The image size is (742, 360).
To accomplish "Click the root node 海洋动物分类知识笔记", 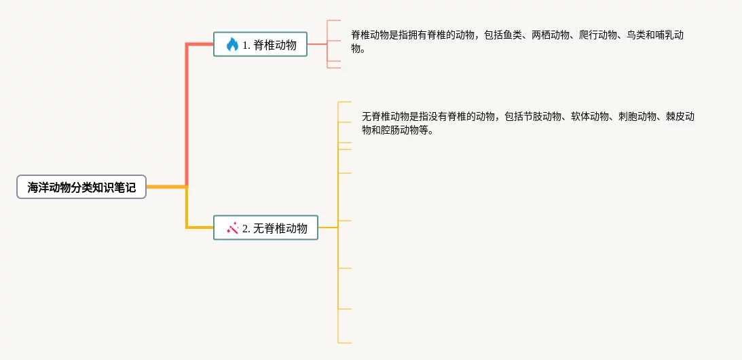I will (81, 187).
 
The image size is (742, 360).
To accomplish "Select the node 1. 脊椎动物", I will (260, 44).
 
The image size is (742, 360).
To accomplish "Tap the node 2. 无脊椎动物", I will (265, 228).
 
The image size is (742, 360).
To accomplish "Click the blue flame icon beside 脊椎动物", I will (232, 45).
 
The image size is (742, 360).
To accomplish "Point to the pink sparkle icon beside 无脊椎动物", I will (232, 228).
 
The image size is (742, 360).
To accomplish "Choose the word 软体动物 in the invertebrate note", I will (590, 117).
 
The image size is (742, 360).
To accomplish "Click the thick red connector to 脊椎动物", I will (187, 102).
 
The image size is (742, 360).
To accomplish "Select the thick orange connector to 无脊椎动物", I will (187, 211).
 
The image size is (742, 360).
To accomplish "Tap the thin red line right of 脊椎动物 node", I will (317, 44).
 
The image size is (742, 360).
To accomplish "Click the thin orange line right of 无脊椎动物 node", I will (328, 228).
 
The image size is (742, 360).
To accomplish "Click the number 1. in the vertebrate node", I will (246, 45).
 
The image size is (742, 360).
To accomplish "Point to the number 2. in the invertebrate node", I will (246, 228).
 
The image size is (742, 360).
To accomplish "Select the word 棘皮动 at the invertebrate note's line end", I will (680, 117).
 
